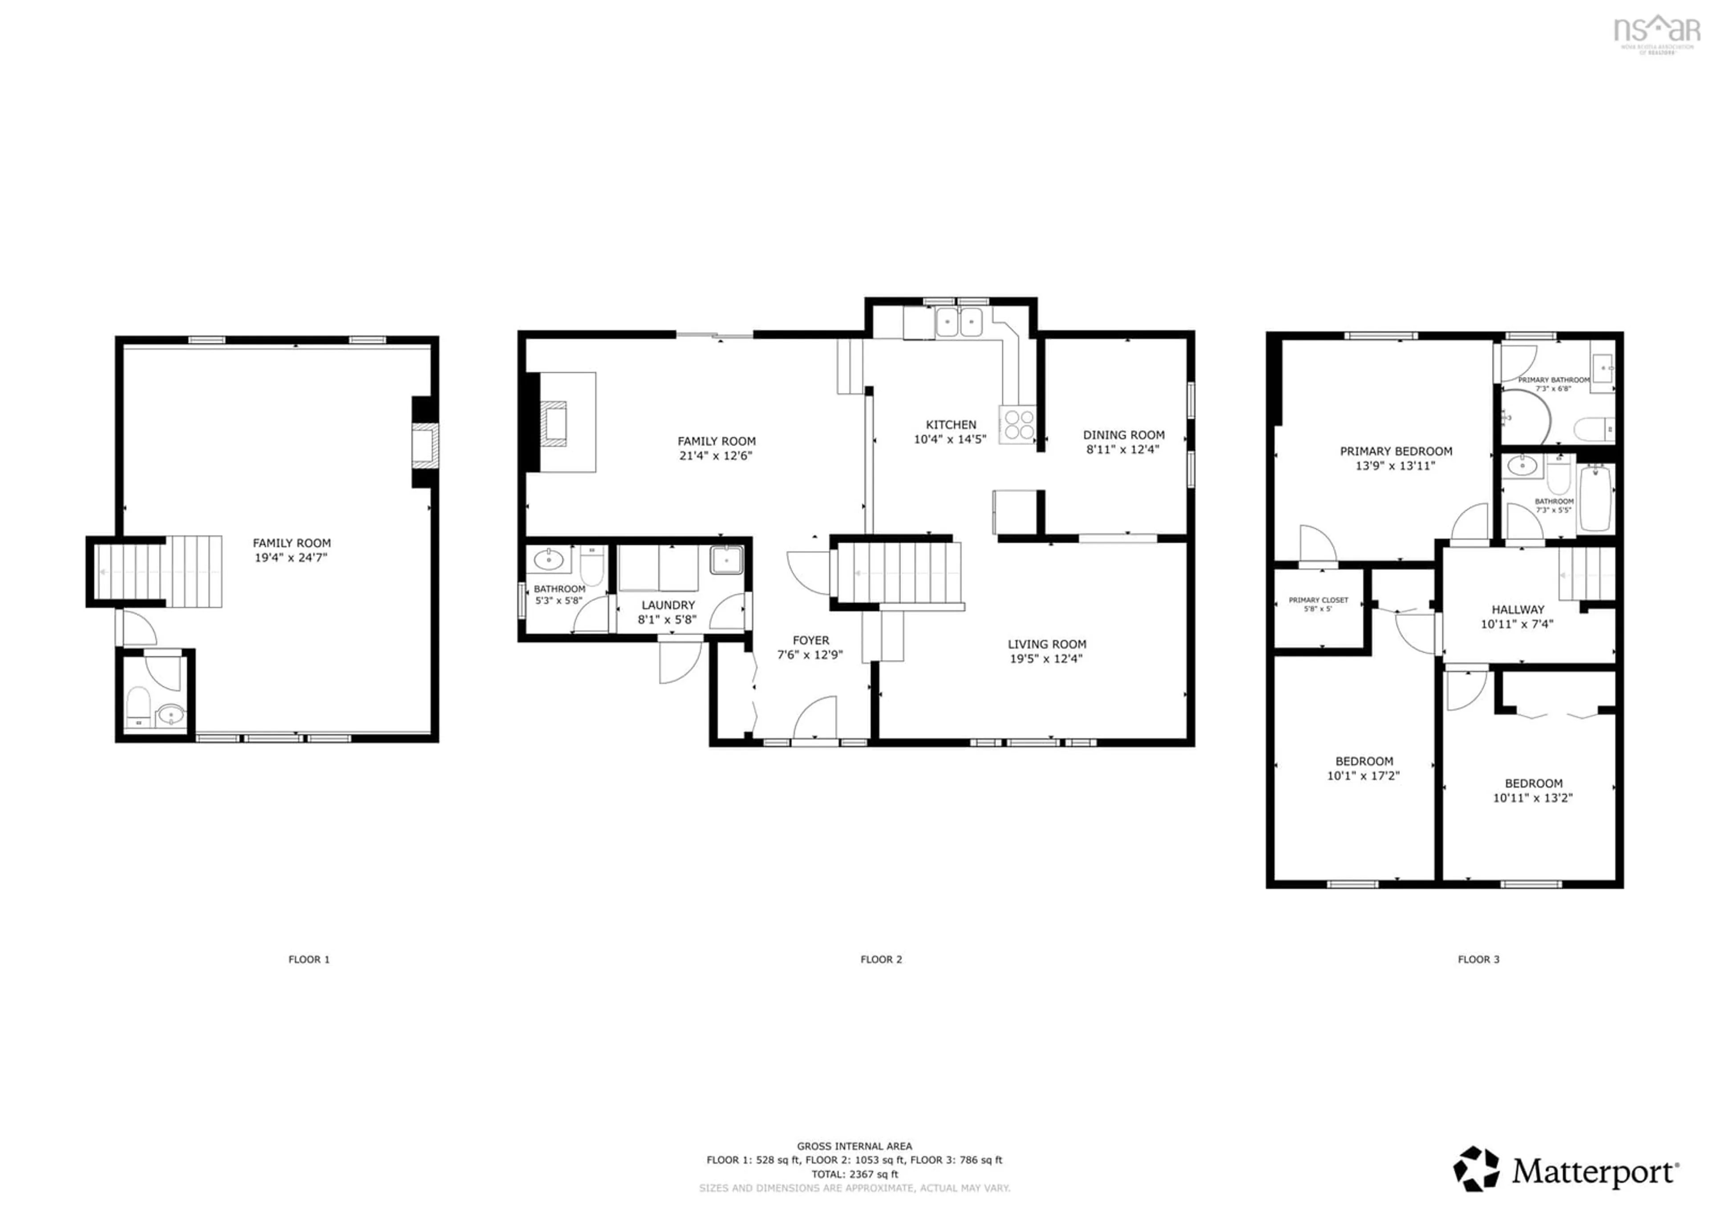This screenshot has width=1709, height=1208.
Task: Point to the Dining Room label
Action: (1123, 435)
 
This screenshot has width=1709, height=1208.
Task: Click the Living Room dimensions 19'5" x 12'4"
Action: (1046, 659)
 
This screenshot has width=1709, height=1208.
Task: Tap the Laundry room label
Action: (668, 605)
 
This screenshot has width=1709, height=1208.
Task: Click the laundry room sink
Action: (726, 560)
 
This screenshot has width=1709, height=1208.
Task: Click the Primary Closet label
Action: (1318, 600)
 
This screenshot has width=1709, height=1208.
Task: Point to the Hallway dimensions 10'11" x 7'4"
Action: (1517, 624)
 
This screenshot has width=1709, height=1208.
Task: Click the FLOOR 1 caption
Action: (309, 959)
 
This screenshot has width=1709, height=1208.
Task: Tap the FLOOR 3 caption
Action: (1478, 959)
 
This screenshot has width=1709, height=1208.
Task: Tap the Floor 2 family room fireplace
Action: (554, 423)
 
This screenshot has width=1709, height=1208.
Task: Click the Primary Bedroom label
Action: (1396, 451)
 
